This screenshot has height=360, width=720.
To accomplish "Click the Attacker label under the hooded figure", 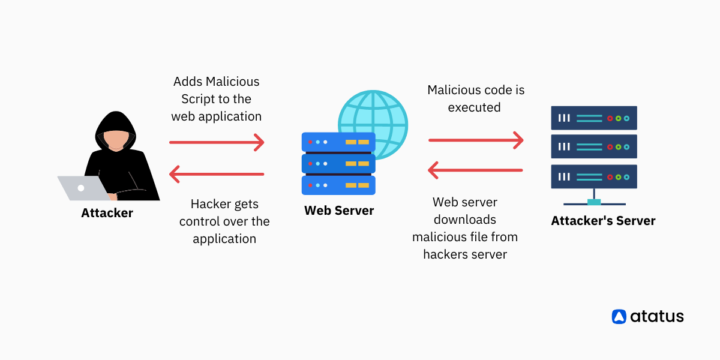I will [x=107, y=213].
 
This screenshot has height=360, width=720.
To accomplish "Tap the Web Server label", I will [x=339, y=211].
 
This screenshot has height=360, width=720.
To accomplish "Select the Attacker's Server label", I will [x=603, y=221].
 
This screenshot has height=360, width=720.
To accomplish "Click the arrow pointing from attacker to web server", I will [x=217, y=142].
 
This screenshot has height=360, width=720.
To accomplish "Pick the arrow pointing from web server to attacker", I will [x=217, y=175].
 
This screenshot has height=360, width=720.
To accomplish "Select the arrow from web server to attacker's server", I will [x=476, y=140].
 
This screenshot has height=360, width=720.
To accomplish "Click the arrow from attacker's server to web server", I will [x=476, y=170].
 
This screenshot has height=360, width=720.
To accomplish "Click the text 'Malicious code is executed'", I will [x=475, y=98].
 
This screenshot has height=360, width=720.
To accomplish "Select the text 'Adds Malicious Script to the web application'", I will [x=217, y=98].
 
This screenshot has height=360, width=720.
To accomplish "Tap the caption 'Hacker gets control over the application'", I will [x=224, y=221].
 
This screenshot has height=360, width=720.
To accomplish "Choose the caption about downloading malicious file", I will [x=465, y=228].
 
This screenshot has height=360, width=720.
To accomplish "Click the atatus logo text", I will [x=656, y=316].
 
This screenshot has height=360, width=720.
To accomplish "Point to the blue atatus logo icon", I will [x=619, y=316].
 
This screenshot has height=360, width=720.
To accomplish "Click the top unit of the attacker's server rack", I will [x=593, y=118].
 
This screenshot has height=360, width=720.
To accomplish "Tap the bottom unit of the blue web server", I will [x=338, y=184].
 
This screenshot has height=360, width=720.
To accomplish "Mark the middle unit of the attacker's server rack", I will [x=593, y=146].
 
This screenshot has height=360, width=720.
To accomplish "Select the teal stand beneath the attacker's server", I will [x=593, y=200].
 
